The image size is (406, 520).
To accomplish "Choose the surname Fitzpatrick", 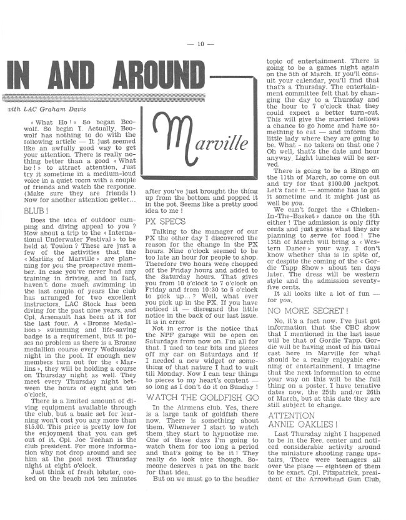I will pyautogui.click(x=344, y=503).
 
